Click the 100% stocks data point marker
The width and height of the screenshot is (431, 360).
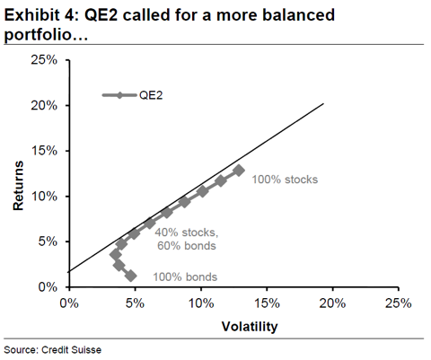239,171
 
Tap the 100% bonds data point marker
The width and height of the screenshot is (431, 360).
131,276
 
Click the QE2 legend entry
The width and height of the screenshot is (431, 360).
133,95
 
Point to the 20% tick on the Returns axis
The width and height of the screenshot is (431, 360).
67,106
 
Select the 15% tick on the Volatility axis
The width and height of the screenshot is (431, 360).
267,289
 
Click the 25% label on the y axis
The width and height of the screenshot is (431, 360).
44,60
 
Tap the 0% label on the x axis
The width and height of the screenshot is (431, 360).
69,303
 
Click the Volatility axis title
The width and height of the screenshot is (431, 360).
250,326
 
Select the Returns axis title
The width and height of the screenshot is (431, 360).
18,186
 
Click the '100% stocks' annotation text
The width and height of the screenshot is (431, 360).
285,180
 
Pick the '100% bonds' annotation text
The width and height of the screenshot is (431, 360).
185,277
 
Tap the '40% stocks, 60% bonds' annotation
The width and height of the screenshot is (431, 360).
187,239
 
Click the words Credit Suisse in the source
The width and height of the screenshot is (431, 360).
71,350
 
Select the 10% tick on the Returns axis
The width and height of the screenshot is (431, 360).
67,197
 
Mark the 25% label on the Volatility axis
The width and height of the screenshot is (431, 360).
398,303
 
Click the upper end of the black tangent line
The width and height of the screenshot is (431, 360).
323,103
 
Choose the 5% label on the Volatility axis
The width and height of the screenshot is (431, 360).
135,303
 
